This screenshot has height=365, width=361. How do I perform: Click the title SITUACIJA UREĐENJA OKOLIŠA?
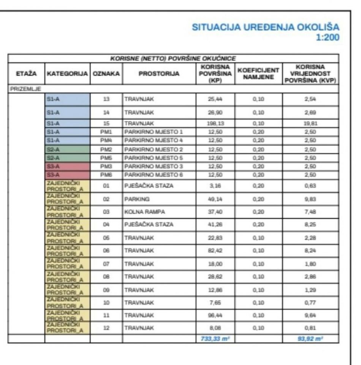(266, 28)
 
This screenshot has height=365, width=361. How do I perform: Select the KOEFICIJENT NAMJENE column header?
(258, 74)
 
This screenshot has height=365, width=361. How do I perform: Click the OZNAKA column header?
(106, 74)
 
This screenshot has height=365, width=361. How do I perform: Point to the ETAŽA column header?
(26, 74)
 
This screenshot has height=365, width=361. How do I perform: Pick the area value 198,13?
(215, 123)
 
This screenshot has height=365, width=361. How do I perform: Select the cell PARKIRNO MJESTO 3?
(154, 167)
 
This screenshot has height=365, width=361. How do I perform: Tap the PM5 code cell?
(106, 158)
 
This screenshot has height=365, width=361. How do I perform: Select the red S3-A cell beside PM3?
(67, 167)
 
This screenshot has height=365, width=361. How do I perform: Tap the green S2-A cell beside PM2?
(67, 149)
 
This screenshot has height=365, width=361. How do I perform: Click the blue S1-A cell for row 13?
(67, 99)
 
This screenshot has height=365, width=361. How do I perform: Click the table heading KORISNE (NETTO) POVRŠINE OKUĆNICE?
(173, 59)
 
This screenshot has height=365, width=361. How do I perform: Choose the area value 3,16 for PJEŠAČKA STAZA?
(215, 186)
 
